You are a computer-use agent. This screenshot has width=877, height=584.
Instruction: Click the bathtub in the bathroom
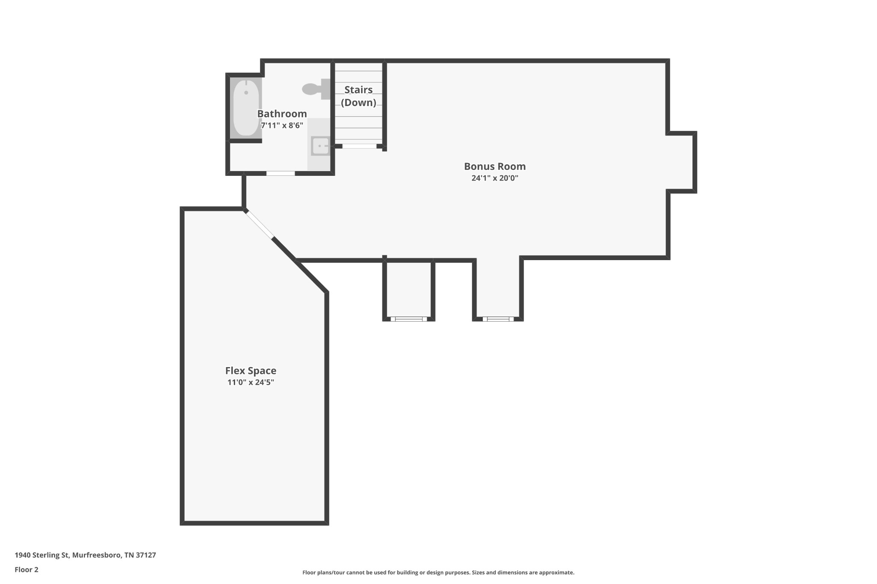(246, 108)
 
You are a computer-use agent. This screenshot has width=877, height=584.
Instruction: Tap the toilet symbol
(316, 89)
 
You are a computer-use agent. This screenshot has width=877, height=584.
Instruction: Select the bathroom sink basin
(320, 146)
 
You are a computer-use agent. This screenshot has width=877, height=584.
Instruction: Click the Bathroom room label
(282, 114)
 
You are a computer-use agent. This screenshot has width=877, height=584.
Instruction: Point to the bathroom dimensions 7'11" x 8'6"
(282, 125)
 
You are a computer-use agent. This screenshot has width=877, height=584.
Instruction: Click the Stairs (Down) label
(358, 96)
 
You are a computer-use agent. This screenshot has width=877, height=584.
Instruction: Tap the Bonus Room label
(495, 166)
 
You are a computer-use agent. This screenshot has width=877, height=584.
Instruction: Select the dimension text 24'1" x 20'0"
(495, 178)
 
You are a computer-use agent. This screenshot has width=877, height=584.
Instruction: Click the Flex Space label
(251, 371)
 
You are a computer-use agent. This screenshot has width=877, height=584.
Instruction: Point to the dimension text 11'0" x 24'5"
(251, 382)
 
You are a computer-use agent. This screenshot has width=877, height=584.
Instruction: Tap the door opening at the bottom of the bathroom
(280, 173)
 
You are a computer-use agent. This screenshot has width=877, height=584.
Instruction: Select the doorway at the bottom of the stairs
(359, 146)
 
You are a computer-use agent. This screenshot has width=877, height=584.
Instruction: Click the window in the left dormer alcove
(409, 319)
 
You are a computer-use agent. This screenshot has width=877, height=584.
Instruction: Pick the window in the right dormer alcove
(498, 319)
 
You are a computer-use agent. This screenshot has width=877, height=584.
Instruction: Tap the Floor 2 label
(27, 569)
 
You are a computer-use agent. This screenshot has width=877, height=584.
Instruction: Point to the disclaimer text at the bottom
(438, 572)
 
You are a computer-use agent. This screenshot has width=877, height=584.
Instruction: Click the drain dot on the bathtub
(246, 92)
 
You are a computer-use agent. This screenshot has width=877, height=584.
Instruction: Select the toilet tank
(326, 89)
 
